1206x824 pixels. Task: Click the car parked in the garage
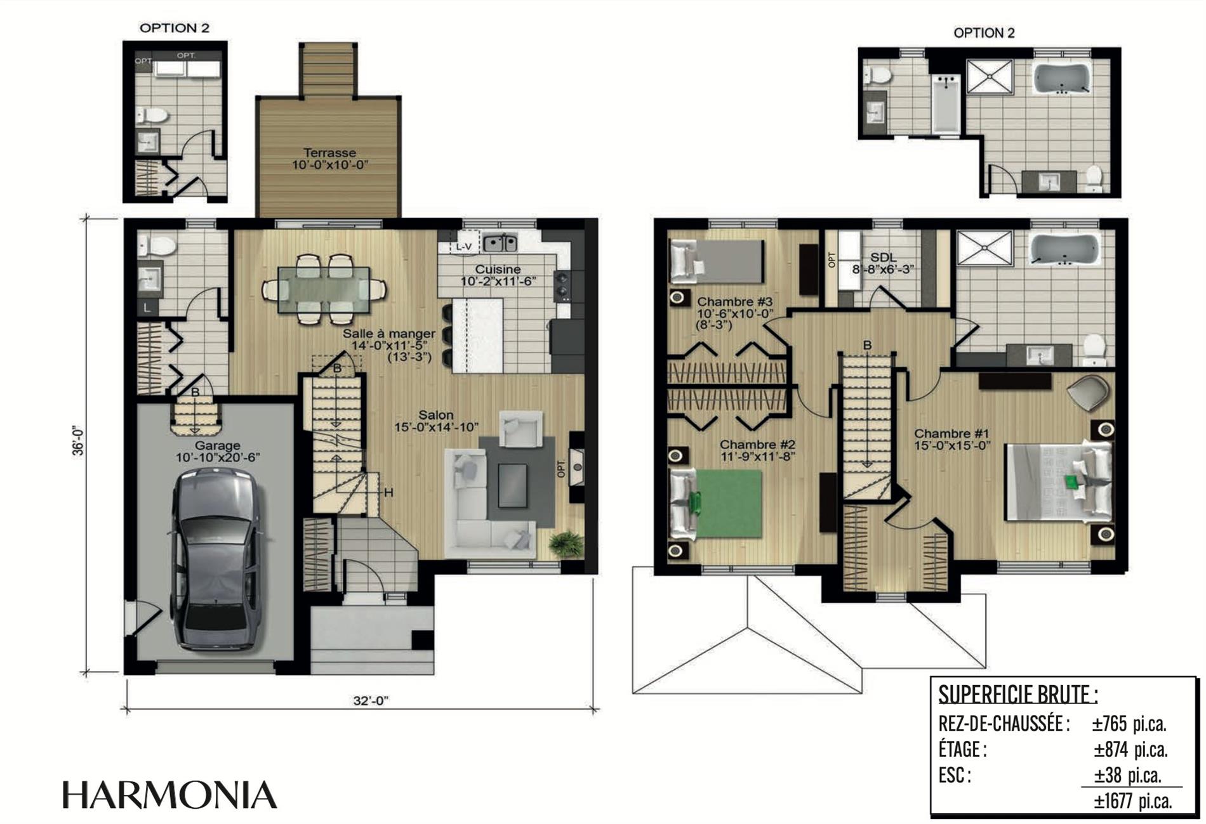click(x=217, y=560)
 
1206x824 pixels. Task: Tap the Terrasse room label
click(x=329, y=153)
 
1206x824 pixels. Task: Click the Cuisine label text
click(x=498, y=269)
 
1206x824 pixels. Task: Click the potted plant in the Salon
click(x=566, y=544)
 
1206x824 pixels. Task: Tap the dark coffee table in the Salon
click(x=512, y=485)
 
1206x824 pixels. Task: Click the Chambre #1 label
click(x=951, y=434)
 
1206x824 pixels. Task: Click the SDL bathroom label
click(x=884, y=257)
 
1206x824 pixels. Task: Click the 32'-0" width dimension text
click(x=371, y=700)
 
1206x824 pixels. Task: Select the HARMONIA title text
click(x=169, y=795)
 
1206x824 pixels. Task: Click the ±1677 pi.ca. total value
click(x=1132, y=801)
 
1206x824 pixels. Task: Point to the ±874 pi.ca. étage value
click(x=1130, y=749)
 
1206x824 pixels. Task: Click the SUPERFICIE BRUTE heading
click(x=1018, y=695)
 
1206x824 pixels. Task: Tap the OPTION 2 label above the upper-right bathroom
click(x=984, y=33)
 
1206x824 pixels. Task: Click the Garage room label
click(x=217, y=445)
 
